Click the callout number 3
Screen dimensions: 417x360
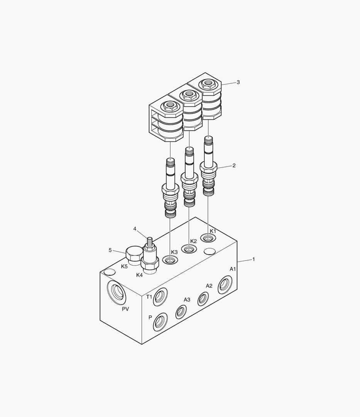pos(238,82)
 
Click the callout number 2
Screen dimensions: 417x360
pos(234,166)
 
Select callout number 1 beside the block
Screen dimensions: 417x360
pos(254,259)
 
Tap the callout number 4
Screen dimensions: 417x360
pos(135,229)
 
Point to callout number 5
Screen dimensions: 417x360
pos(110,250)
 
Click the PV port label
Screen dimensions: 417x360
pos(125,309)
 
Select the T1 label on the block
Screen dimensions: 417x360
pos(149,297)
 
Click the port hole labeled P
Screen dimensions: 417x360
pos(160,322)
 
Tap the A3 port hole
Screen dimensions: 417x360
pos(181,312)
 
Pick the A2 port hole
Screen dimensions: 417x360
pos(203,298)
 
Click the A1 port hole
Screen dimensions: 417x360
pos(225,285)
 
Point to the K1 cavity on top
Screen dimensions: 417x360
pos(208,238)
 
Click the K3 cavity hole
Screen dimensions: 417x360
pos(170,261)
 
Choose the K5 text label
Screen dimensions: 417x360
pos(124,266)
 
